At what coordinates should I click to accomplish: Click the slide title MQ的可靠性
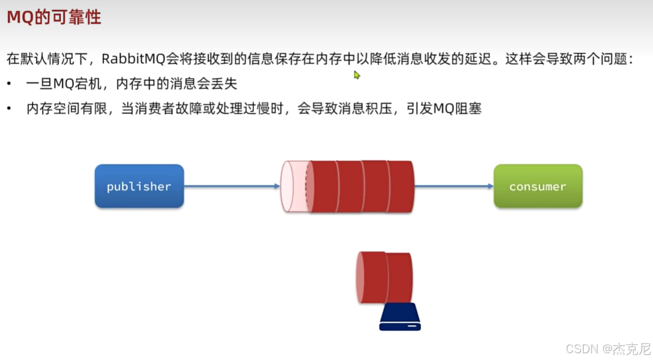pos(54,17)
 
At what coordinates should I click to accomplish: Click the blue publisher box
pos(139,186)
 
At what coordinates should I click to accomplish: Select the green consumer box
pos(537,186)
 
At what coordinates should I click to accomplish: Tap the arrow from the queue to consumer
pos(454,186)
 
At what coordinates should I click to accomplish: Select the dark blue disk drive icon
pos(400,318)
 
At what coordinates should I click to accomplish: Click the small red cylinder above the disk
pos(384,278)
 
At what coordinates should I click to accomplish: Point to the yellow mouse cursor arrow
pos(357,74)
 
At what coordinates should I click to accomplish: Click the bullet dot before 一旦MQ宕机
pos(10,85)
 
